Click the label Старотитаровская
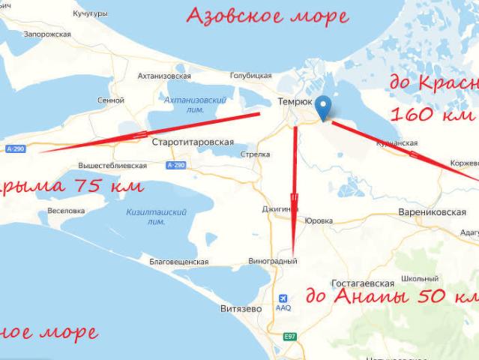(x=193, y=142)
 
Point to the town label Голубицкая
(x=250, y=76)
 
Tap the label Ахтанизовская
(x=164, y=76)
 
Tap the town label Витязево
(x=238, y=308)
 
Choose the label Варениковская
(x=432, y=213)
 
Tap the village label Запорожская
(x=46, y=34)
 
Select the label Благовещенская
(x=178, y=262)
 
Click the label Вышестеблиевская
(x=112, y=165)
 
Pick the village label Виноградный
(x=273, y=261)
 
